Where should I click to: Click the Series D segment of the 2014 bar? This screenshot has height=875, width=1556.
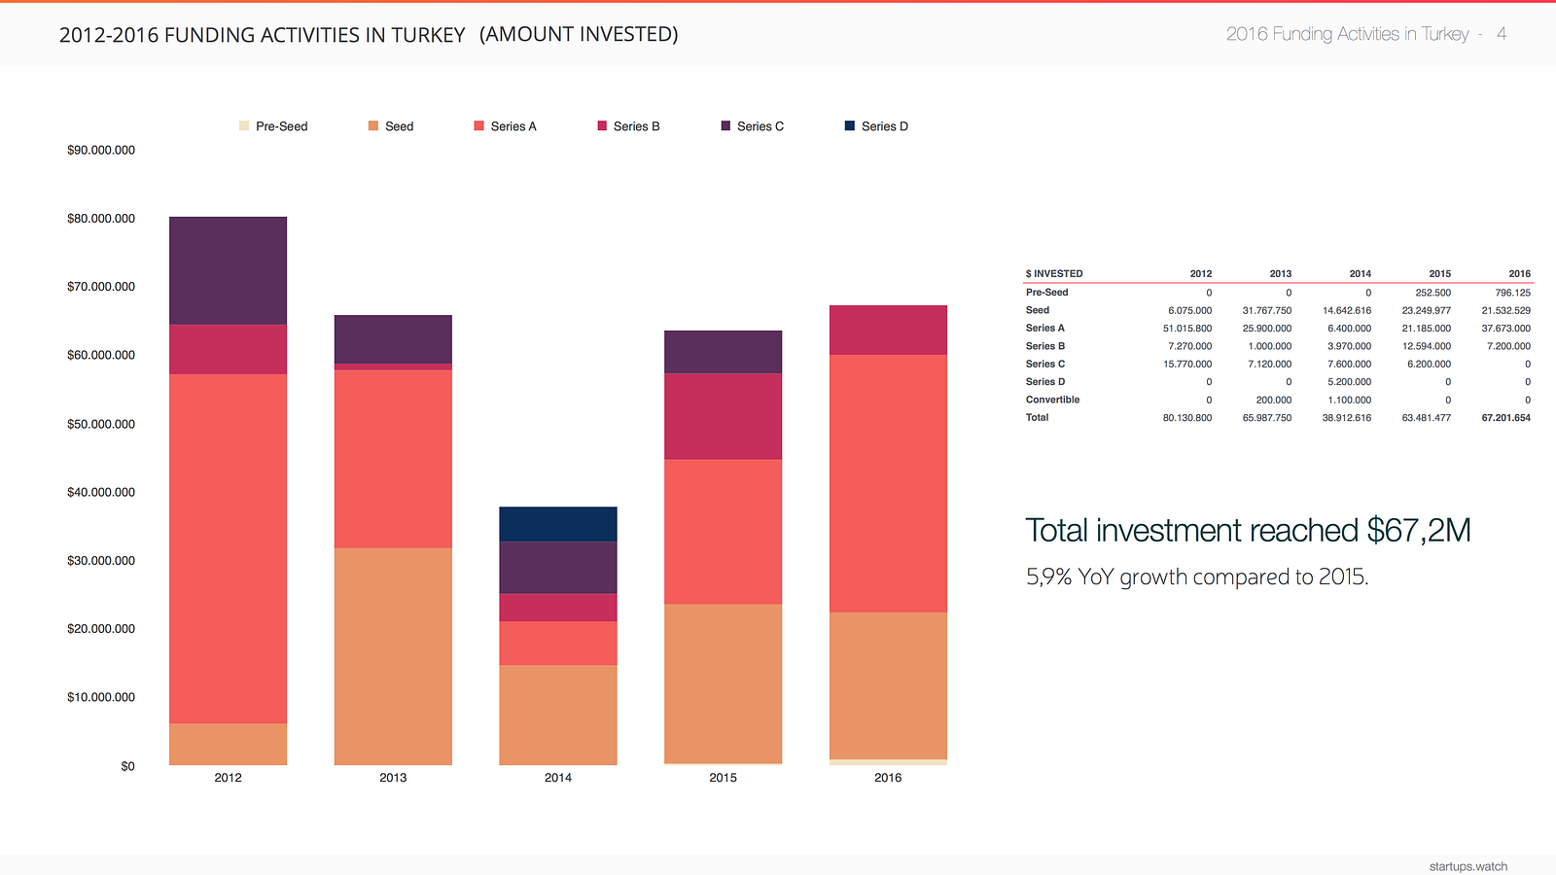557,524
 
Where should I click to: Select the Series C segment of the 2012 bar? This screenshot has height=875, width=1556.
228,270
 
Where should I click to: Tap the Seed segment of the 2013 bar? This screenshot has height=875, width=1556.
393,656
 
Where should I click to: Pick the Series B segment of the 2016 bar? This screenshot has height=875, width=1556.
888,330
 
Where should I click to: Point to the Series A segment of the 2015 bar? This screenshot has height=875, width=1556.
723,532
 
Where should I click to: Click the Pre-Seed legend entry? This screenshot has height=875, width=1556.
273,126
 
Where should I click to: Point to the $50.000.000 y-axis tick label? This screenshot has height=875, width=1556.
101,424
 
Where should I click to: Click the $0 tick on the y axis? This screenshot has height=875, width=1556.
127,766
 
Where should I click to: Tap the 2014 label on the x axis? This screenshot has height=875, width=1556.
558,778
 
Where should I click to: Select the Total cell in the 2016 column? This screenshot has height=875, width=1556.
1505,418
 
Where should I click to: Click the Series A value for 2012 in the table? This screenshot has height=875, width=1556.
1187,329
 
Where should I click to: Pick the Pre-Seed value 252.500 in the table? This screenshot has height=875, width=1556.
1432,293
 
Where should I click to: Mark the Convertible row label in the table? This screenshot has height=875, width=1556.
1052,400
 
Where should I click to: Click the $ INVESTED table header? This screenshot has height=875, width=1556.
1054,274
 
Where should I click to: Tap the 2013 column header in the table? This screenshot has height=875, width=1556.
1280,274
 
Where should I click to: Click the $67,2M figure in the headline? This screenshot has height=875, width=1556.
1418,531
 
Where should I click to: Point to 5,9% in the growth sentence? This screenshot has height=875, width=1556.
1048,577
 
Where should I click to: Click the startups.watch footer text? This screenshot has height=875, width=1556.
1468,866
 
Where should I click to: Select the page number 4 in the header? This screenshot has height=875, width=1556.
1502,34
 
